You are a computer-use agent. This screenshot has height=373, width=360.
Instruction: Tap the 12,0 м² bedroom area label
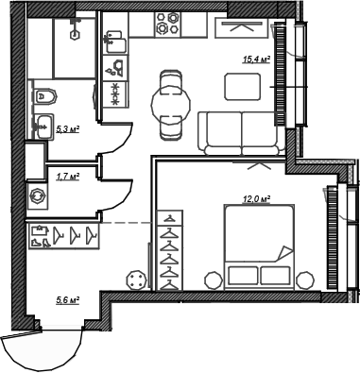257,199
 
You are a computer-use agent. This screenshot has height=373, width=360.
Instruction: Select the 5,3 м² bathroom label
67,130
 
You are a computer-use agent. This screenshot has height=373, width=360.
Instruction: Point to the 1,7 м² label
68,176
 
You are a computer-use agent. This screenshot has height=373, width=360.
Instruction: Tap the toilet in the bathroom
44,95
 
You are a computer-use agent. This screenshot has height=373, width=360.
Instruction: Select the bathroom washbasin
43,125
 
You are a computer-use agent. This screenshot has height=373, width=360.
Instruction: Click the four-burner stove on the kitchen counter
169,24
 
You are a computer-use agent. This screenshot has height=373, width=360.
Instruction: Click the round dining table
171,96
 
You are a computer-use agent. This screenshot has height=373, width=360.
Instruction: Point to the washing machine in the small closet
38,196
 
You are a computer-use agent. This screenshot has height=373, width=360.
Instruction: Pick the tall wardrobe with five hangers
168,248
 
